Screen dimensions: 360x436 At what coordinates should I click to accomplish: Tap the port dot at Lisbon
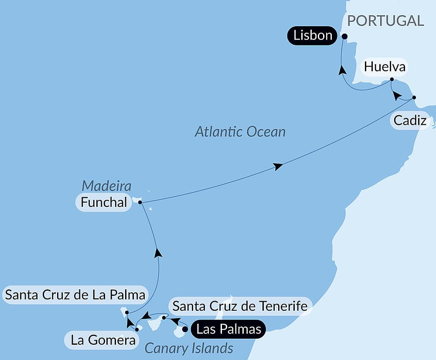tap(344, 37)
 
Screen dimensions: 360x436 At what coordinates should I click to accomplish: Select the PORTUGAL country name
tap(385, 21)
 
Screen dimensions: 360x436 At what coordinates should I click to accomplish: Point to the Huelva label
tap(385, 67)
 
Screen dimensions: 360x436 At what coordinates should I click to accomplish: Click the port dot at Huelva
tap(392, 79)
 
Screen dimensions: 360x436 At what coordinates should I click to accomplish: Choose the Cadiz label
tap(410, 120)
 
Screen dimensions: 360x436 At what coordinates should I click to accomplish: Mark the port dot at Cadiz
tap(414, 97)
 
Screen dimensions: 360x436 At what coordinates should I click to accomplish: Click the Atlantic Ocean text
tap(240, 131)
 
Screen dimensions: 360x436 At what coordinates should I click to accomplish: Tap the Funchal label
tap(103, 202)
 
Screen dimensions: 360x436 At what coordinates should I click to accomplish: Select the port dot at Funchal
tap(140, 202)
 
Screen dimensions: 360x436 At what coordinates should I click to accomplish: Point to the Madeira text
tap(106, 186)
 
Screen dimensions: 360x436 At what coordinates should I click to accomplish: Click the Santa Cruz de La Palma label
tap(75, 295)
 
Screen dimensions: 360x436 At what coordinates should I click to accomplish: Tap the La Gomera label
tap(103, 340)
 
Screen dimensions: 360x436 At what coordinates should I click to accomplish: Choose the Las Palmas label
tap(228, 329)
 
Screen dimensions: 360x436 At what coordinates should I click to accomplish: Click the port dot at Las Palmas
tap(185, 329)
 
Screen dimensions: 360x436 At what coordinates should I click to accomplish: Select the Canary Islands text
tap(189, 348)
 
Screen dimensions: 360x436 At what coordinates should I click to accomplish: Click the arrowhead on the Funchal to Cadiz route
tap(278, 166)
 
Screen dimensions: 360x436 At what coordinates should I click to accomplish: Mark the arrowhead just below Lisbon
tap(343, 70)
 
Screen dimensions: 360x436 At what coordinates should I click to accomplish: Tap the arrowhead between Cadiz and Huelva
tap(396, 96)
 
